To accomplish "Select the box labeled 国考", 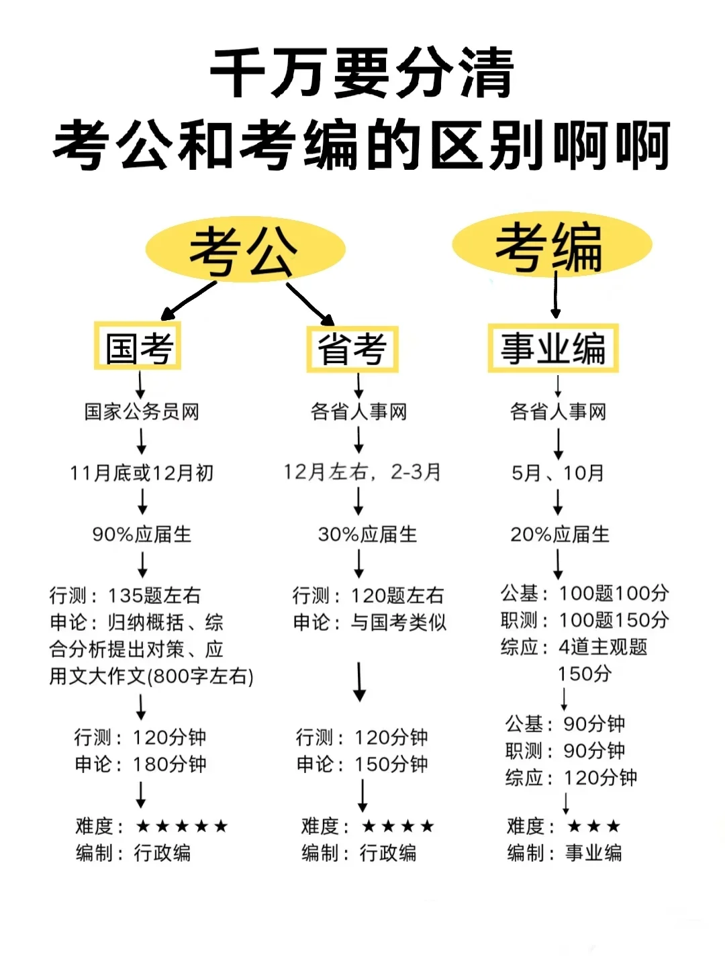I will click(x=138, y=347).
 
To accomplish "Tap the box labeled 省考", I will click(x=352, y=349).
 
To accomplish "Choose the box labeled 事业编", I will click(x=552, y=348).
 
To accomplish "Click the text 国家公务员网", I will click(x=142, y=411).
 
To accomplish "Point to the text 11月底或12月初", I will click(x=142, y=473).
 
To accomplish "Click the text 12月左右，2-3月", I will click(x=362, y=472).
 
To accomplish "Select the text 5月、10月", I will click(x=558, y=473).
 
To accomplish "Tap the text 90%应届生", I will click(x=142, y=534).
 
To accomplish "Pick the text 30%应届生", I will click(x=367, y=534).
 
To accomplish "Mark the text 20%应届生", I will click(x=560, y=534).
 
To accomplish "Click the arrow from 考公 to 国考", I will click(x=189, y=300).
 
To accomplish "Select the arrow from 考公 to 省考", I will click(x=310, y=304).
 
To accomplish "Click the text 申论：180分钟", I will click(x=140, y=764).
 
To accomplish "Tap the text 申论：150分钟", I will click(x=362, y=764).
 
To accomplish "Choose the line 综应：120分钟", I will click(x=571, y=778).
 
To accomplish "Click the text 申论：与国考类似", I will click(x=369, y=623).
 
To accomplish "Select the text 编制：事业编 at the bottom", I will click(x=565, y=853).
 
